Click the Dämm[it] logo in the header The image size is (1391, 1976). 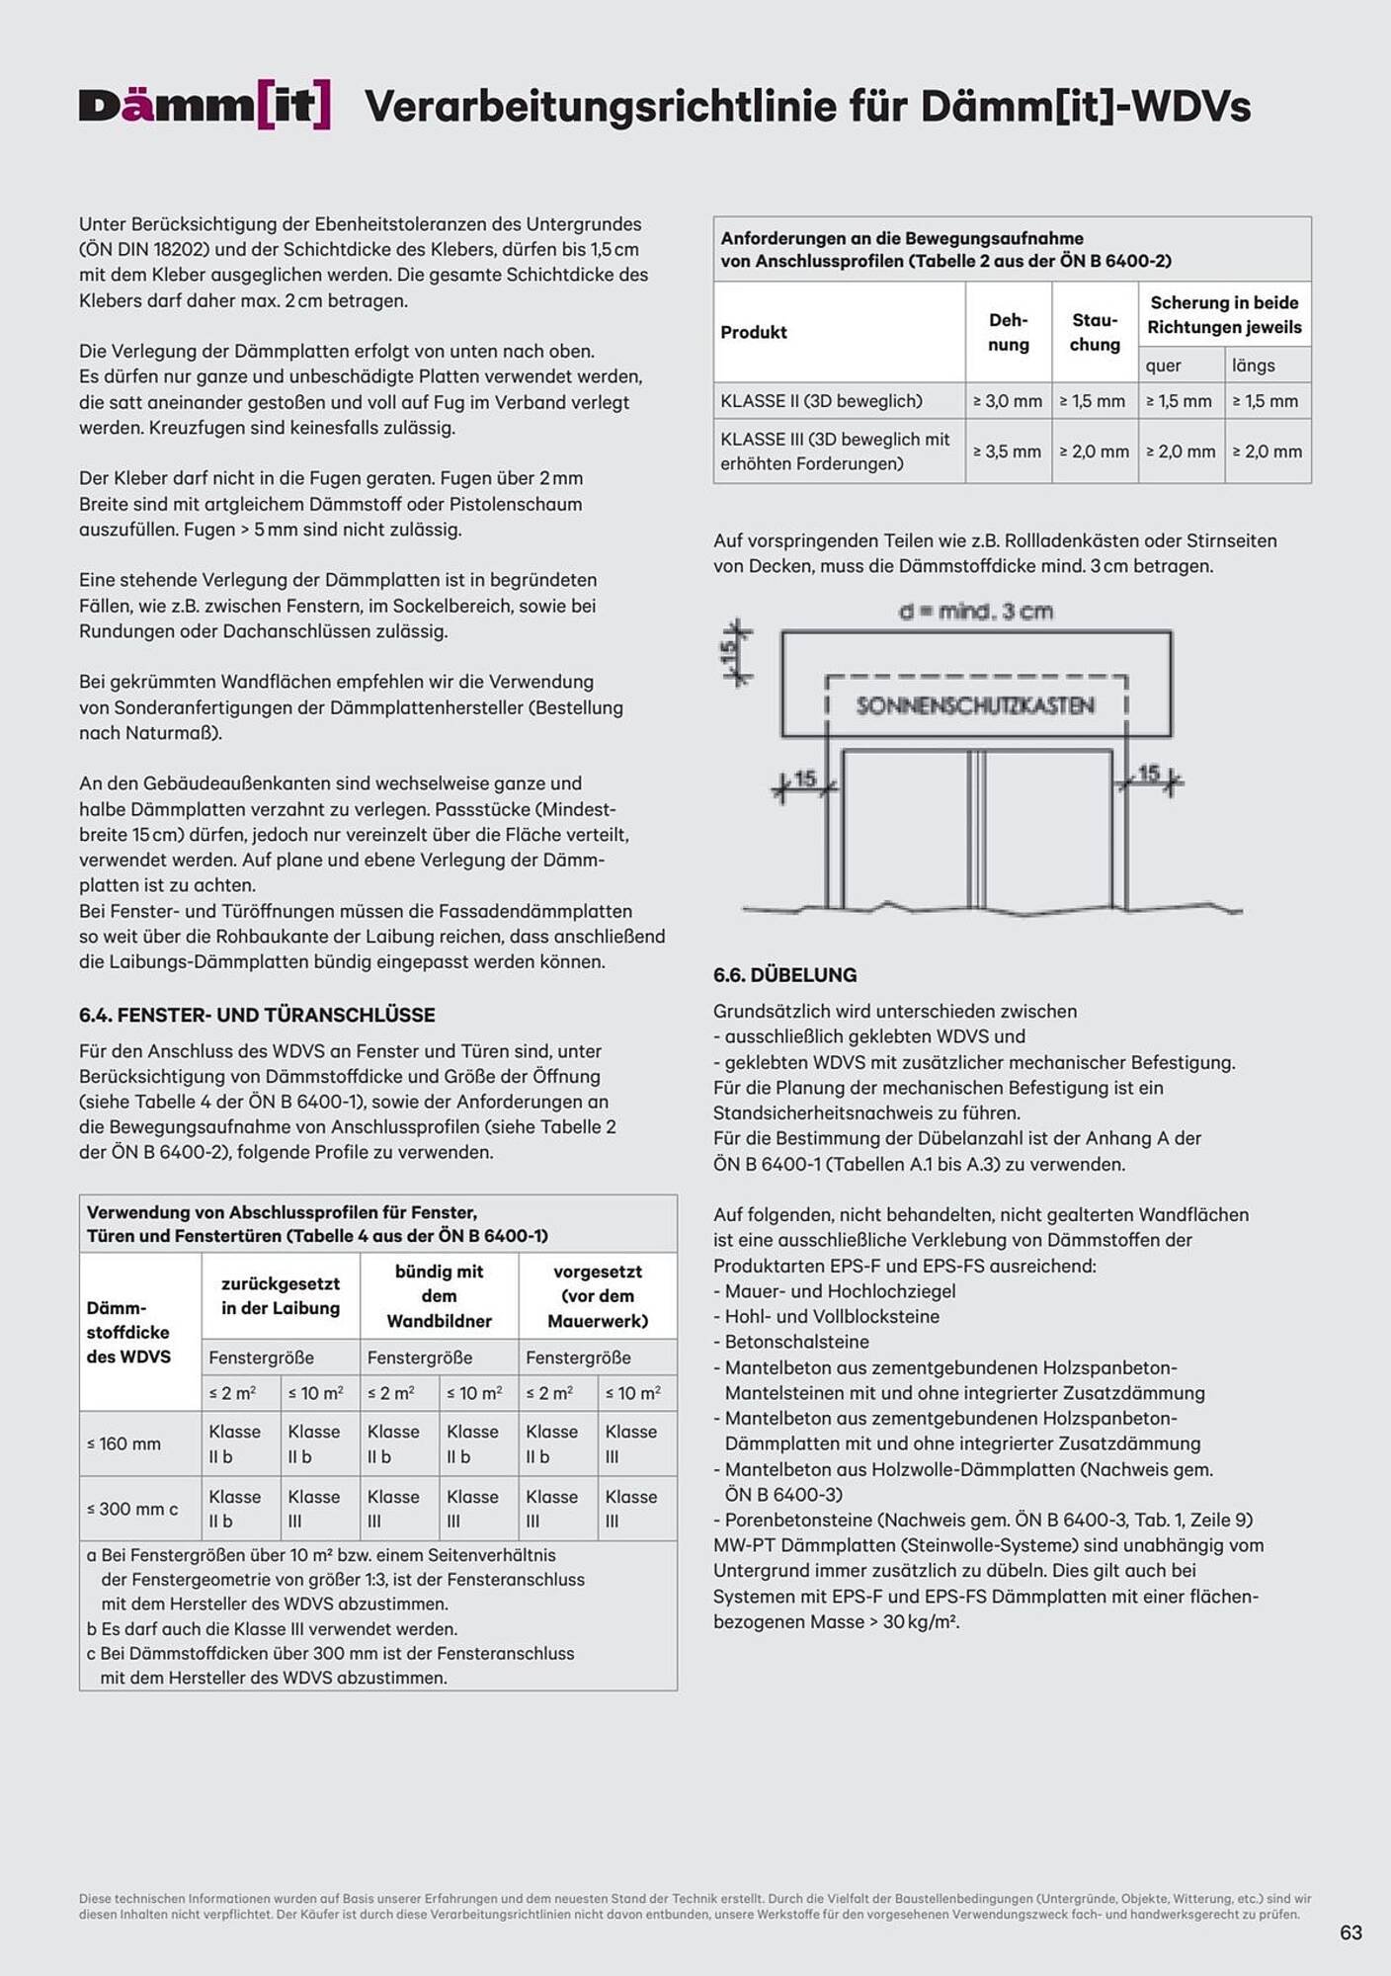205,106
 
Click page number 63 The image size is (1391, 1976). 1350,1933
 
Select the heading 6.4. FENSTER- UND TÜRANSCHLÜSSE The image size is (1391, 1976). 257,1015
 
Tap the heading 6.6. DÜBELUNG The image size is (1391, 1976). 784,975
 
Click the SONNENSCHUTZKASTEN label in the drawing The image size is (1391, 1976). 975,705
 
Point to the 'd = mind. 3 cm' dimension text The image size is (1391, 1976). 975,612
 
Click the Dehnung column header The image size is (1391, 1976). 1008,332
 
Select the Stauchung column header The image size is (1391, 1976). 1095,332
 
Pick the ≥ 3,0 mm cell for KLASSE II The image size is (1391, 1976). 1008,401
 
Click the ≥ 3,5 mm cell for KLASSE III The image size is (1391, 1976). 1008,452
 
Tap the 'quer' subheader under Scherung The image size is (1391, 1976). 1164,366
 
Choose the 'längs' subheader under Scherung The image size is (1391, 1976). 1253,366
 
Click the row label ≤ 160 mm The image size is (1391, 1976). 124,1443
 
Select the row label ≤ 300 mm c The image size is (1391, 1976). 132,1509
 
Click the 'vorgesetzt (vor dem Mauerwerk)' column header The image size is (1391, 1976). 597,1295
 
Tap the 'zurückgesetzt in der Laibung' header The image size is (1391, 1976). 281,1295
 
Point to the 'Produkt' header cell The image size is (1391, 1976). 754,332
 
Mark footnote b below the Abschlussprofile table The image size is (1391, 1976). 272,1628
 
